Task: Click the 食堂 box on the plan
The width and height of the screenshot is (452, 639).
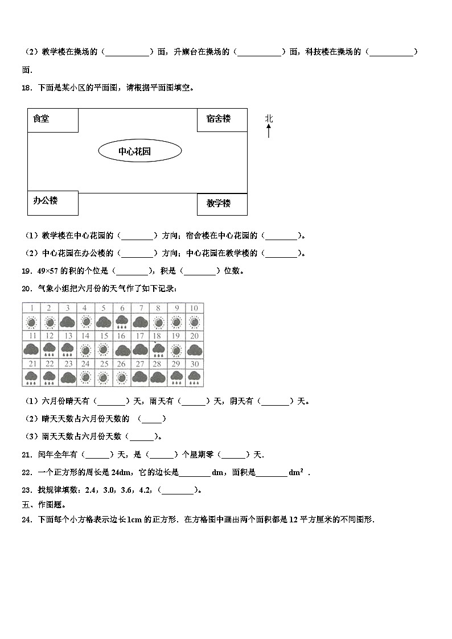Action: point(52,120)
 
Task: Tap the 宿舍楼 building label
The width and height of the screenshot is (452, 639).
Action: point(221,119)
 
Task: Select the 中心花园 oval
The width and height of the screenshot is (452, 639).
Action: point(140,151)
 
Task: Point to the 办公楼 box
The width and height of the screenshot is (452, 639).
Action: point(52,203)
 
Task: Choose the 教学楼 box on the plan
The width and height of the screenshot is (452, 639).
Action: point(221,204)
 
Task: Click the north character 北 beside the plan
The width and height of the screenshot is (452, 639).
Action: point(269,118)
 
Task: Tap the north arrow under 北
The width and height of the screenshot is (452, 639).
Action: point(269,132)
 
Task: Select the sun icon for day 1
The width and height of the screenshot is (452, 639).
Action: point(32,323)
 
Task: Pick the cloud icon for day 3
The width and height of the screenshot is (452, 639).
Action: point(68,323)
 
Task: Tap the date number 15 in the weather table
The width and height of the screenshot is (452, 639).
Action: point(103,336)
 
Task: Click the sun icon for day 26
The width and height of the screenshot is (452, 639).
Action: point(122,377)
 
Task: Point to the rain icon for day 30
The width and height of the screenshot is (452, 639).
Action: point(194,377)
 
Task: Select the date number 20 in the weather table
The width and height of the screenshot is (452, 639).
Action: point(194,336)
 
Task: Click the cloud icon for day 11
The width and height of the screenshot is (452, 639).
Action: point(32,349)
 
